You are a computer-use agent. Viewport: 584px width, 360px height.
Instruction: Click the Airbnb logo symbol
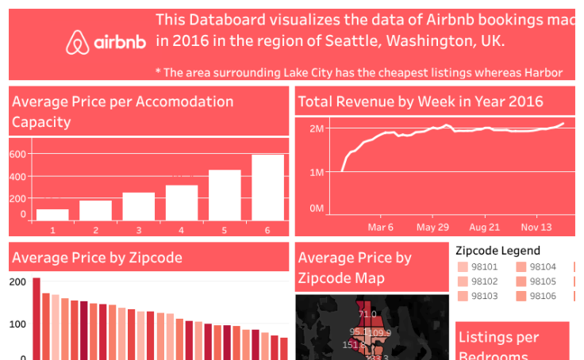tap(77, 42)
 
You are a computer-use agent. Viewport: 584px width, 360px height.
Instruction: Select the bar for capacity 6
tap(267, 187)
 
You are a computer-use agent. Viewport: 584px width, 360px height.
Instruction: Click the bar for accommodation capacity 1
tap(52, 214)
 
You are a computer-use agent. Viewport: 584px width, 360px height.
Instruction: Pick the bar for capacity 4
tap(182, 202)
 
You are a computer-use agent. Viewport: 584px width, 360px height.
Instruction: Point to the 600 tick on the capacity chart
tap(17, 155)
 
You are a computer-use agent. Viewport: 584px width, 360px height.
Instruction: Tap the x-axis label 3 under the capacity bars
tap(138, 230)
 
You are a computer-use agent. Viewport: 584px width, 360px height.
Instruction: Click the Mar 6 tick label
tap(381, 227)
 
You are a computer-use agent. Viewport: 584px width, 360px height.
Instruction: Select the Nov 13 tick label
tap(536, 227)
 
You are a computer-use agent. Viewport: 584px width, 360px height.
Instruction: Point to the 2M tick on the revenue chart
tap(317, 128)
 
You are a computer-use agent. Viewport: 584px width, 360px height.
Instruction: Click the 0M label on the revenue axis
tap(317, 208)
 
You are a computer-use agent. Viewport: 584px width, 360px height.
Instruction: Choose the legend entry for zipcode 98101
tap(478, 267)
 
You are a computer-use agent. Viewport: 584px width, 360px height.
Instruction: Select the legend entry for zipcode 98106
tap(536, 296)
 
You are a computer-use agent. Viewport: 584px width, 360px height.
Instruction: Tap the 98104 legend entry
tap(536, 267)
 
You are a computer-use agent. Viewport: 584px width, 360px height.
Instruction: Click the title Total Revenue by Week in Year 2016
tap(421, 101)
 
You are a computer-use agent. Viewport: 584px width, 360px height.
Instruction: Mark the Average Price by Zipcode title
tap(97, 258)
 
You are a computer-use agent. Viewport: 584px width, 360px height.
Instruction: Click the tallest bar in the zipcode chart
tap(36, 318)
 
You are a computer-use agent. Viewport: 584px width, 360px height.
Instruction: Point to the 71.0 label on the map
tap(367, 315)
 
